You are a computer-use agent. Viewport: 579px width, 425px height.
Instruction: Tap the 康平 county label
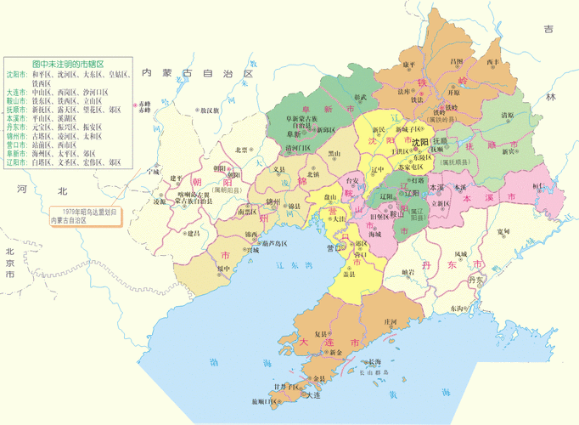point(408,65)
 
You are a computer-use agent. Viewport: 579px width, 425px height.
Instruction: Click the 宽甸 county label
point(503,231)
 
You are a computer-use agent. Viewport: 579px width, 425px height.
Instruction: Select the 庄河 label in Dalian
point(391,321)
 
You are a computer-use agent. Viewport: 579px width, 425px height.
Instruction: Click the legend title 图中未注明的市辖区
point(67,64)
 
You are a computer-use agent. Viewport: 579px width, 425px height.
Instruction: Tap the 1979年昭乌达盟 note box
point(81,215)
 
